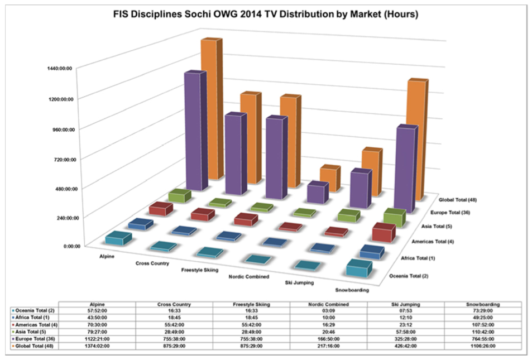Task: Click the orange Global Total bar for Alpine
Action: [212, 109]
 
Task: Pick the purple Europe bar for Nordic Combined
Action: [318, 193]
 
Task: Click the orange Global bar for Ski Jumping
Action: [372, 172]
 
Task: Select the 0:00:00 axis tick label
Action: [72, 246]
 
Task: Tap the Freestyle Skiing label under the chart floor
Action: [199, 270]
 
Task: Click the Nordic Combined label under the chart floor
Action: [249, 276]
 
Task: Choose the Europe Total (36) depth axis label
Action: [450, 213]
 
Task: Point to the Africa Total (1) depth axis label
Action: [418, 258]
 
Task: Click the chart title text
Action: [266, 14]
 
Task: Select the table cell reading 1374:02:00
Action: [97, 346]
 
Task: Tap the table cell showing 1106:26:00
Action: [483, 346]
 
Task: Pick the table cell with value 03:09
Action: [328, 310]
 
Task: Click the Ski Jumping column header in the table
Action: [406, 304]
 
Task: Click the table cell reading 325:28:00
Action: [406, 339]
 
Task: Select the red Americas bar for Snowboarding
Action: [384, 232]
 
